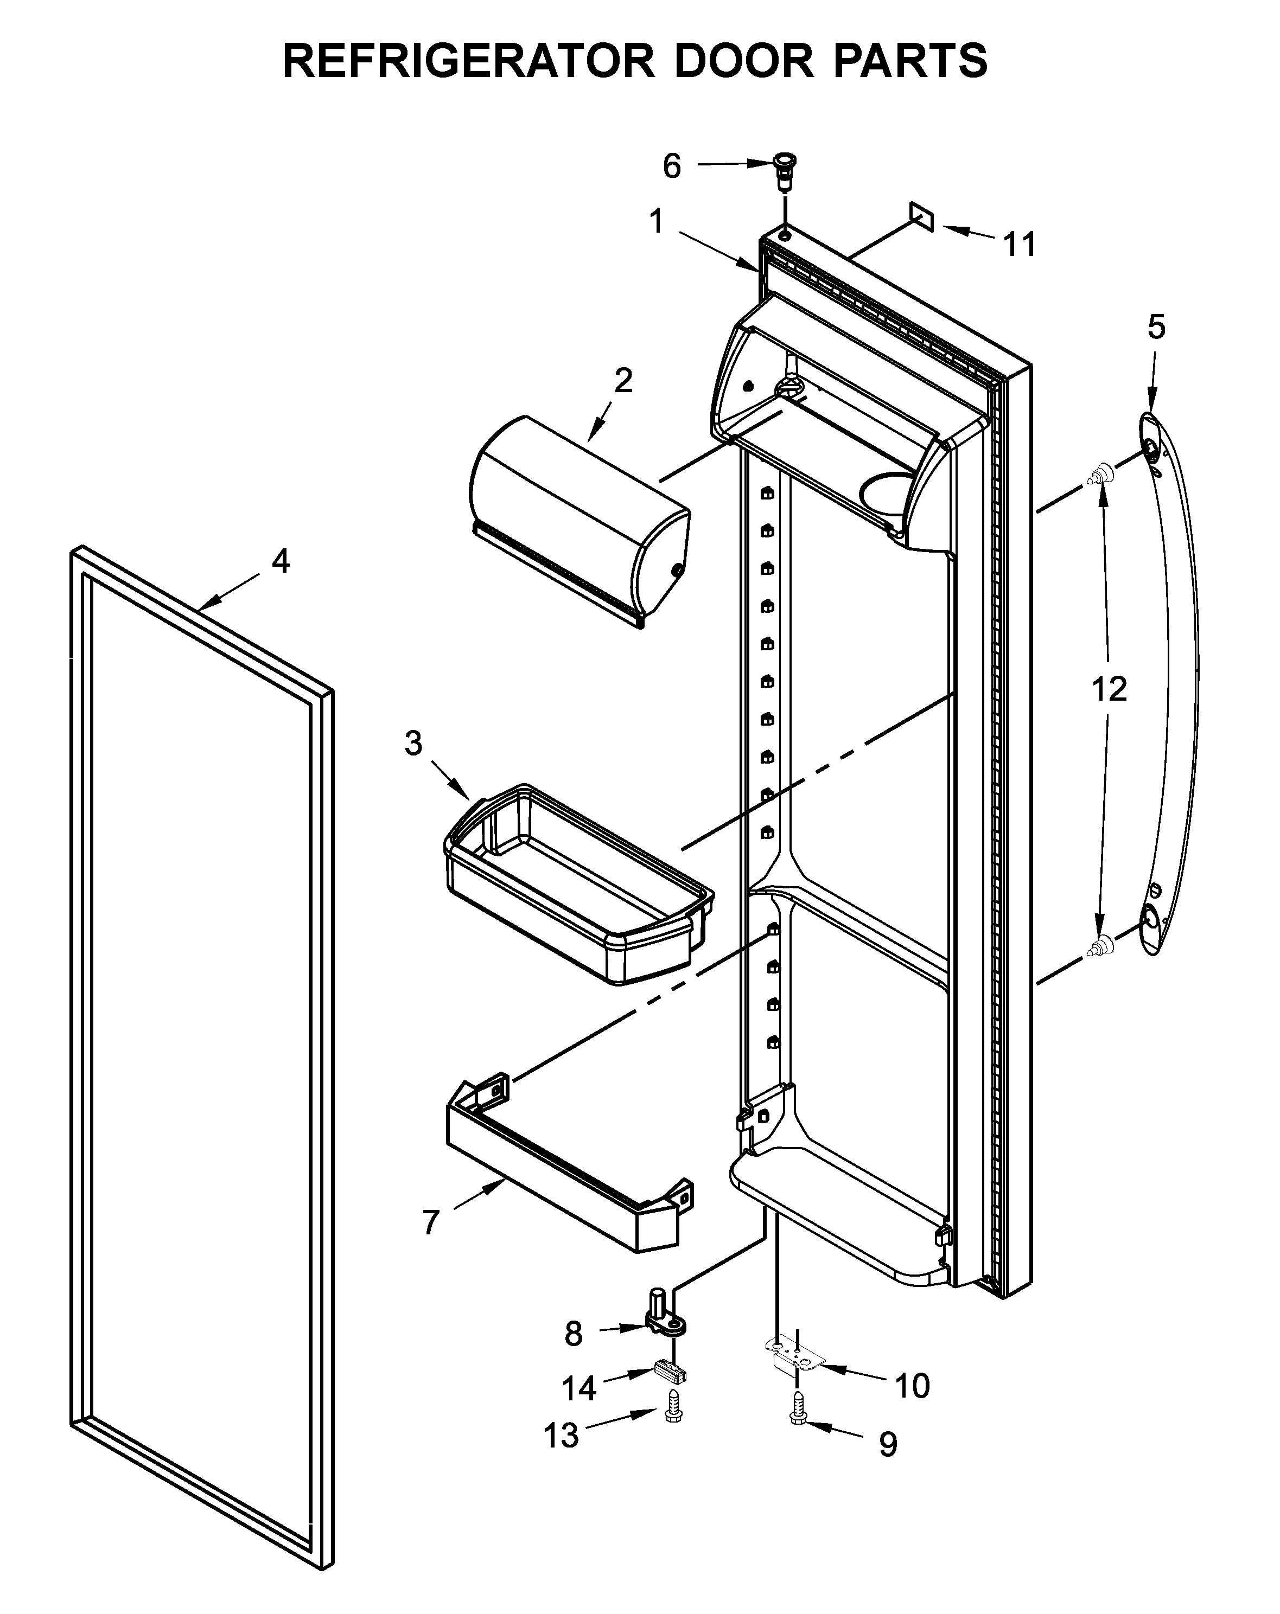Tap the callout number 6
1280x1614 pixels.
click(x=671, y=166)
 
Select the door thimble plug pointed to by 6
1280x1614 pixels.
click(x=784, y=171)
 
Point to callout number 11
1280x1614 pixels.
click(x=1020, y=244)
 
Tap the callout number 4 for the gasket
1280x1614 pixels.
click(x=280, y=561)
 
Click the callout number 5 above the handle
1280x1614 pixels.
click(x=1156, y=327)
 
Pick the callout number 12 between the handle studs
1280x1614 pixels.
click(x=1109, y=689)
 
